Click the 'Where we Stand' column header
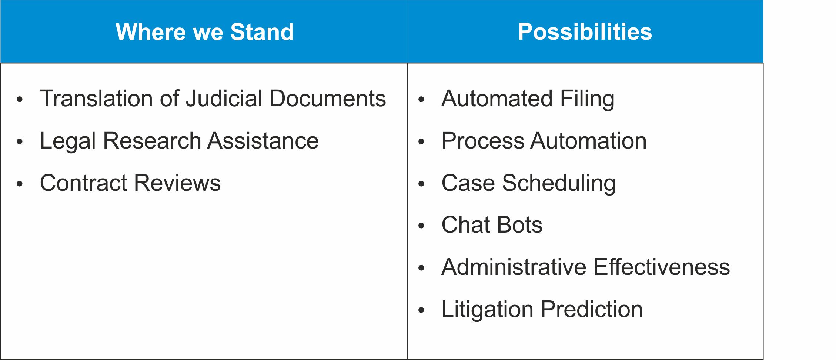(x=205, y=32)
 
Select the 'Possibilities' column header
(x=585, y=32)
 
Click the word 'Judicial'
(x=224, y=99)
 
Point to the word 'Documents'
(x=328, y=99)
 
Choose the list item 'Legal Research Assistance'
(x=179, y=141)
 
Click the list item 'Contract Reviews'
(x=130, y=183)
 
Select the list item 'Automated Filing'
(x=528, y=99)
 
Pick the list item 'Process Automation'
(x=544, y=141)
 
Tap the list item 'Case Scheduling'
(x=529, y=184)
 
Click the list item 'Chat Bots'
(x=492, y=225)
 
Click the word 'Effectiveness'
(x=662, y=267)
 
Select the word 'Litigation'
(x=488, y=310)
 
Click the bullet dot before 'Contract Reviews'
(x=20, y=184)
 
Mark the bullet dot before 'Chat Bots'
(x=421, y=226)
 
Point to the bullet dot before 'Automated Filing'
(x=421, y=99)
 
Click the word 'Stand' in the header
(x=262, y=32)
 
